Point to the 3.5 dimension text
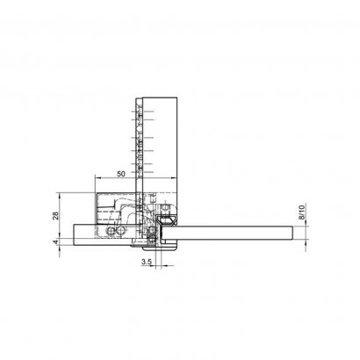pyautogui.click(x=147, y=263)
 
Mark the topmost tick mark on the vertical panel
pyautogui.click(x=137, y=101)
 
